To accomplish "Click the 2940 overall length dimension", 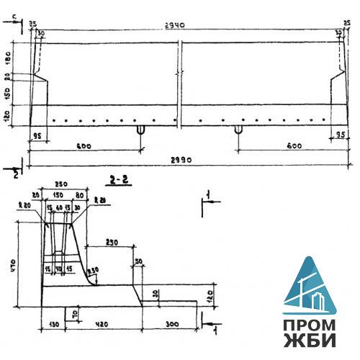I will (175, 24).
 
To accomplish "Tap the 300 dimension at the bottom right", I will (171, 324).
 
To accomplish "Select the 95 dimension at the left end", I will (39, 134).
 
